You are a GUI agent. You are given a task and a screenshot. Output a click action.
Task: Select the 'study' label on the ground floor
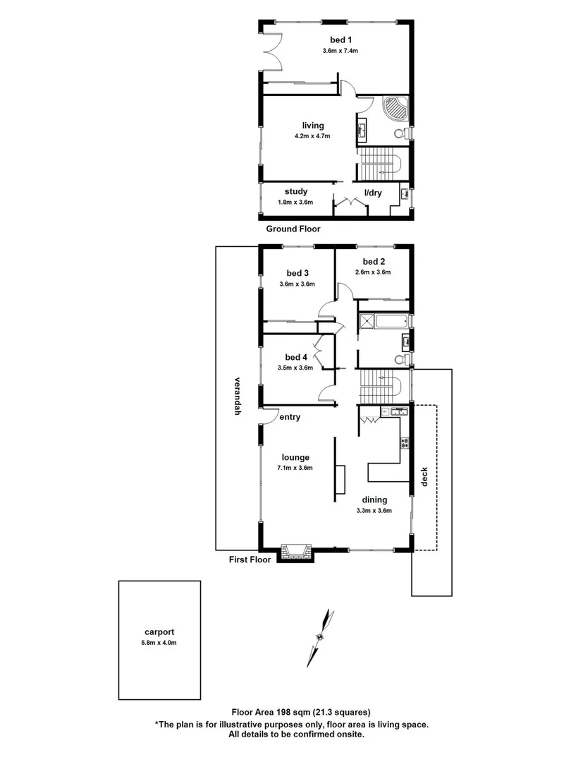point(295,191)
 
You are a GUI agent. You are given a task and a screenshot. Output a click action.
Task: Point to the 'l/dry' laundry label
point(373,192)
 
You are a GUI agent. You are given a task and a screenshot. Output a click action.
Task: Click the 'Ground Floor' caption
point(293,229)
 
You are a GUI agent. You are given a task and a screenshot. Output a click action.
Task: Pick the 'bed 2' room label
point(373,261)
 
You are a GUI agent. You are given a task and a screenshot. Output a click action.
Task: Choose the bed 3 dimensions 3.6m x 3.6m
point(297,284)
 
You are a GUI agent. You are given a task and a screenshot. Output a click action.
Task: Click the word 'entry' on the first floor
point(290,417)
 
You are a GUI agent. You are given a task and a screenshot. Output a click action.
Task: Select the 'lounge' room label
point(295,457)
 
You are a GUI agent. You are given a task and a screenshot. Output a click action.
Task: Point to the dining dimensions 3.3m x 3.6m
point(373,511)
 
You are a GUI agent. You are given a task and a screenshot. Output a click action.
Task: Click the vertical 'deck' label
point(424,478)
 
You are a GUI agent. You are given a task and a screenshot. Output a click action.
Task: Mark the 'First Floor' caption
point(250,560)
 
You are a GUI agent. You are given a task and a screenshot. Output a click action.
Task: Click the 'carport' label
point(159,632)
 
